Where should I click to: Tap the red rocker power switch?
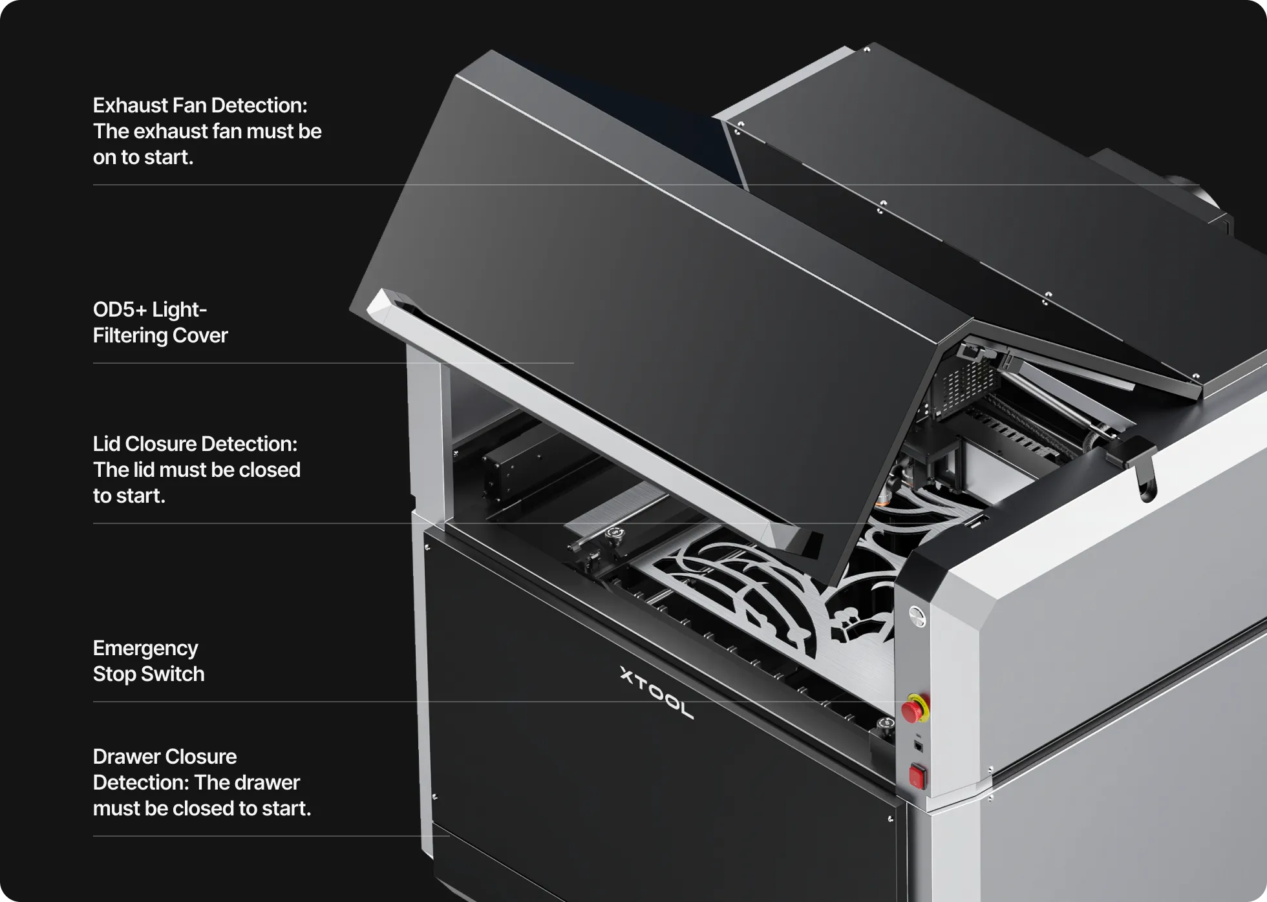pyautogui.click(x=917, y=775)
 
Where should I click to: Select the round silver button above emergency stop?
pyautogui.click(x=917, y=616)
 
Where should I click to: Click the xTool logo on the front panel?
pyautogui.click(x=656, y=693)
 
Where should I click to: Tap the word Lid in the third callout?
pyautogui.click(x=106, y=444)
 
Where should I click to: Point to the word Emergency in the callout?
pyautogui.click(x=145, y=648)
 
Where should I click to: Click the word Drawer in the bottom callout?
pyautogui.click(x=127, y=757)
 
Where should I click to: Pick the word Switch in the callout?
pyautogui.click(x=173, y=674)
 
